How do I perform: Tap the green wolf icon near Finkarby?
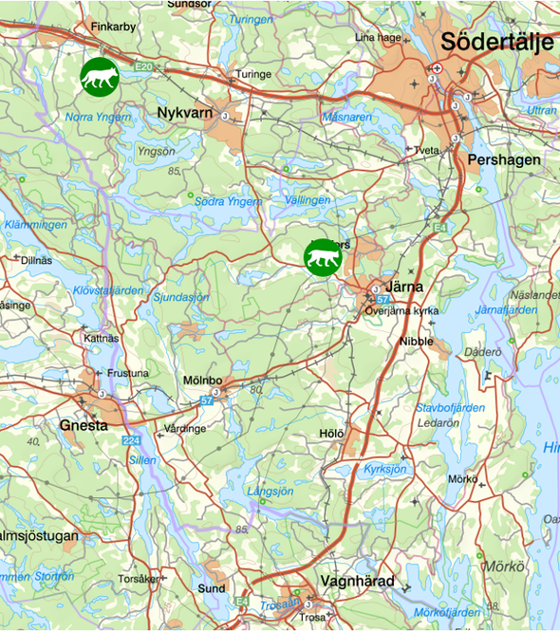tap(99, 76)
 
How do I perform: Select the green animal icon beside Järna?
tap(322, 258)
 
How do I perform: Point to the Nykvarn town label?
tap(184, 113)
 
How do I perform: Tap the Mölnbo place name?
tap(202, 381)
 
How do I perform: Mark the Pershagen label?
tap(504, 160)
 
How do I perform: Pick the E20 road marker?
tap(143, 67)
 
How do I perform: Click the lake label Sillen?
tap(142, 460)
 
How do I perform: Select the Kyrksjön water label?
tap(384, 469)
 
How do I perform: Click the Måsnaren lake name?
tap(346, 117)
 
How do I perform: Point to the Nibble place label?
tap(417, 340)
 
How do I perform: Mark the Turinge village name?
tap(253, 74)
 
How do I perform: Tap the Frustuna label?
tap(128, 374)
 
